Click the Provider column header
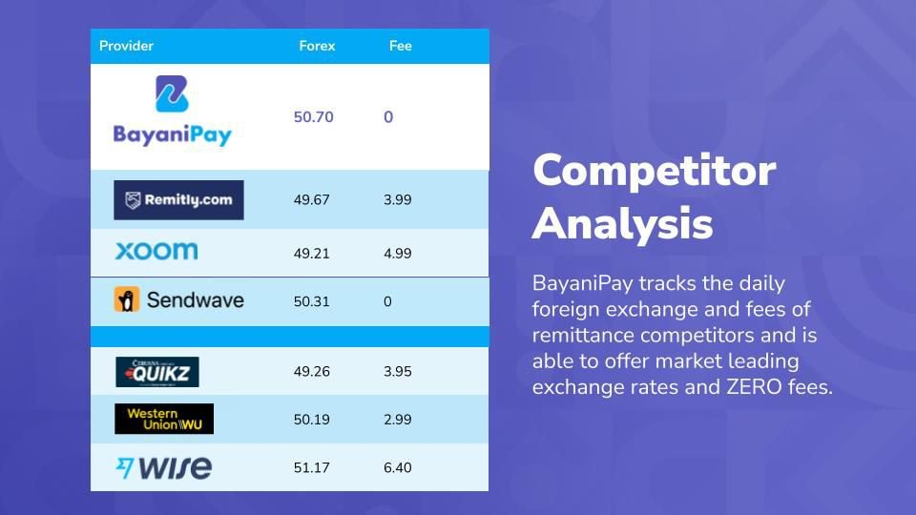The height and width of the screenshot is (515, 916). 126,46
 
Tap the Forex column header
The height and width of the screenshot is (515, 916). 317,46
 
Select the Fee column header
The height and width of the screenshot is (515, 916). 401,46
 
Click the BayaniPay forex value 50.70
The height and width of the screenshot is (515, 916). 314,117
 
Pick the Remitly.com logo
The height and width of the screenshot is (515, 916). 178,200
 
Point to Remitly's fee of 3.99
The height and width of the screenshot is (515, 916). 398,199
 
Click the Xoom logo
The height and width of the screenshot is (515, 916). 156,251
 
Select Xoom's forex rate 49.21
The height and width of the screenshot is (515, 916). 312,254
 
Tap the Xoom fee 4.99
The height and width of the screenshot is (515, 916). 398,254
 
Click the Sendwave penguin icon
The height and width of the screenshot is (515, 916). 127,299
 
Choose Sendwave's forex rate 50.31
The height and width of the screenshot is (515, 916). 312,302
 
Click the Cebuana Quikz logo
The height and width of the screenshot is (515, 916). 157,372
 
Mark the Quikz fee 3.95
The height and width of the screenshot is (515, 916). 398,372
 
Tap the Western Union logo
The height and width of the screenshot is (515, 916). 164,419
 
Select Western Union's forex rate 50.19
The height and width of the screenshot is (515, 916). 312,420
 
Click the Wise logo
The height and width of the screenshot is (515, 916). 164,467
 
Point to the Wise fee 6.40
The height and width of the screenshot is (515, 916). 398,467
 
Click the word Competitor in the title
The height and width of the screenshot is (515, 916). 655,171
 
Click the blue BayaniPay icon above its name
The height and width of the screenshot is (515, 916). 172,93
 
